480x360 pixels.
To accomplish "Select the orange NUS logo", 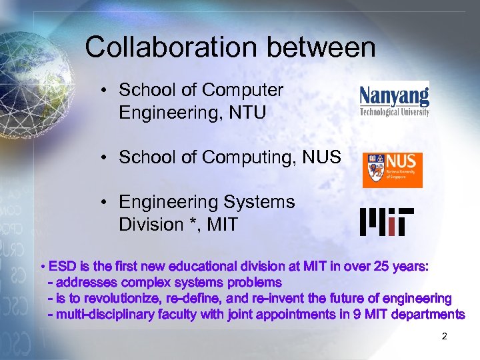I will coord(392,170).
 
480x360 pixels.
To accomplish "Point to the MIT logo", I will coord(387,222).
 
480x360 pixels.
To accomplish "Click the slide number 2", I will coord(444,337).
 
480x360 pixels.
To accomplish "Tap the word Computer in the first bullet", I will coord(243,90).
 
